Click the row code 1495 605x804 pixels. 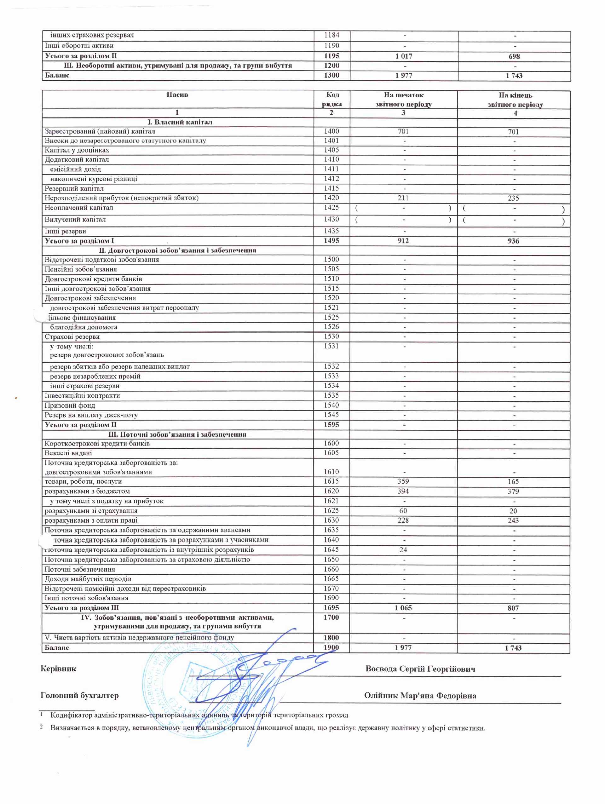(x=331, y=241)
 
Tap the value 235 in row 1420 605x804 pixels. (x=513, y=198)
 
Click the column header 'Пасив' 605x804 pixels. (x=177, y=95)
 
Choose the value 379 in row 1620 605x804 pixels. (x=513, y=491)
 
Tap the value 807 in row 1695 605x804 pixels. (x=513, y=608)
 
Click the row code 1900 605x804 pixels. (x=331, y=647)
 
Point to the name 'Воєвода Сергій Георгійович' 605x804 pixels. (x=420, y=669)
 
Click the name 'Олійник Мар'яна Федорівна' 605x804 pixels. (x=420, y=695)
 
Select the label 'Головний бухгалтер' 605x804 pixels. (x=80, y=695)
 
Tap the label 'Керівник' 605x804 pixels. (x=59, y=669)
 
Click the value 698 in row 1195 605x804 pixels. (x=514, y=56)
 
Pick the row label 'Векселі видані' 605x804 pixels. (x=68, y=453)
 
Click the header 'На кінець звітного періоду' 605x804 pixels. (x=515, y=100)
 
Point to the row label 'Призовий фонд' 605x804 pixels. (x=70, y=405)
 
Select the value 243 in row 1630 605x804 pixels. (x=513, y=520)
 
